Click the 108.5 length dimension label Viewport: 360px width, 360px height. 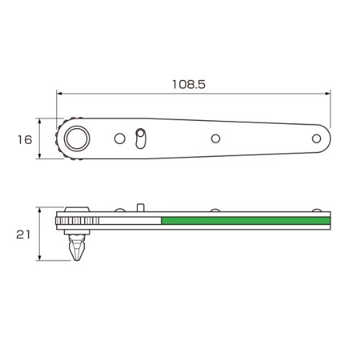[189, 84]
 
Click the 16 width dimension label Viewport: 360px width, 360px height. [24, 140]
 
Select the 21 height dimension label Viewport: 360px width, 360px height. [23, 235]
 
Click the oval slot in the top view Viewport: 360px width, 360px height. [140, 139]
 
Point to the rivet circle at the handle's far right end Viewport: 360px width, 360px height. [317, 138]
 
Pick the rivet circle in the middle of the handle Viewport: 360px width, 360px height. [215, 138]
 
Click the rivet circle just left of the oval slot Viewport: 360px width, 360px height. [120, 138]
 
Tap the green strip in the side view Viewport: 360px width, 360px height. [246, 220]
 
